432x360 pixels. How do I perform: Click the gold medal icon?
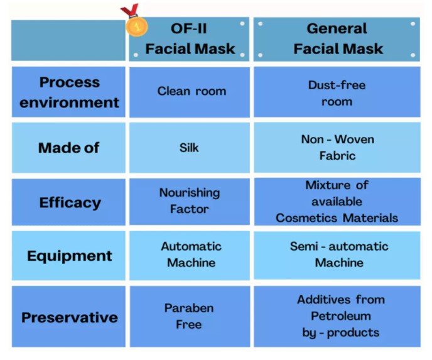click(137, 26)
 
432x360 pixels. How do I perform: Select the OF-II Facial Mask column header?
click(190, 39)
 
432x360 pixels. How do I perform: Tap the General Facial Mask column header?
click(337, 39)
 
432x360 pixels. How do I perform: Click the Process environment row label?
click(68, 92)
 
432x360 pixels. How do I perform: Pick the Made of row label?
click(68, 148)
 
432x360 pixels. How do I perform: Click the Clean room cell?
click(190, 92)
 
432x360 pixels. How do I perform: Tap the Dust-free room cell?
click(337, 92)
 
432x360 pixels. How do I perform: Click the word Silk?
click(189, 148)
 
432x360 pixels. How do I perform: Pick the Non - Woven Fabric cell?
click(337, 148)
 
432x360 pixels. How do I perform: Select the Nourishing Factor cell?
click(190, 202)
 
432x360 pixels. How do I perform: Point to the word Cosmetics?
click(306, 218)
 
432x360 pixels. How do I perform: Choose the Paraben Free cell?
click(190, 317)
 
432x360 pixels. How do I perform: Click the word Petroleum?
click(341, 316)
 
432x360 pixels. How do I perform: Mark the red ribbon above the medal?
click(129, 10)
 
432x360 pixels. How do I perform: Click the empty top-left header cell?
click(68, 40)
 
